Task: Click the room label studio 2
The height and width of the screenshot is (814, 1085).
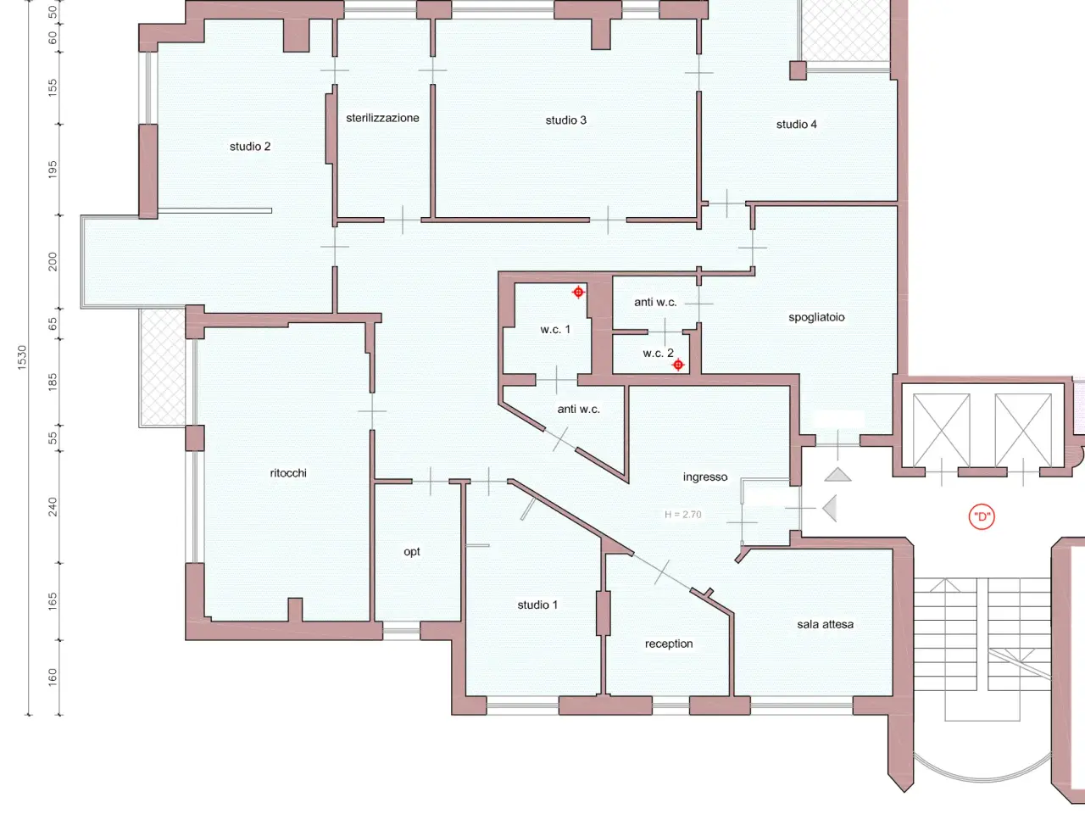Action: [x=250, y=147]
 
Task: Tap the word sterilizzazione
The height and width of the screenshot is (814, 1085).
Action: [x=382, y=118]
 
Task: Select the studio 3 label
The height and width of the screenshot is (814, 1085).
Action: [x=566, y=120]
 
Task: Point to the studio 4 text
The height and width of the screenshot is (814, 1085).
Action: [x=796, y=125]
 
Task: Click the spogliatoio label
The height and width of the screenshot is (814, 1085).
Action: [x=816, y=317]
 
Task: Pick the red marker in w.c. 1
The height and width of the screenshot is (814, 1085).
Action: [x=578, y=292]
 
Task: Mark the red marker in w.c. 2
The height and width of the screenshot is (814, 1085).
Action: [x=678, y=365]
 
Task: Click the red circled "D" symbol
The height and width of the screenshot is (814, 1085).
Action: [x=982, y=517]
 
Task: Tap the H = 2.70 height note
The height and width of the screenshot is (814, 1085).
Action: [x=682, y=515]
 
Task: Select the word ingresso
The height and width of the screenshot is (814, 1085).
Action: [x=705, y=477]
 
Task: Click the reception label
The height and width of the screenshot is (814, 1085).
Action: [x=669, y=644]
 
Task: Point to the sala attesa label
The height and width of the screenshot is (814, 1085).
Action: [x=825, y=624]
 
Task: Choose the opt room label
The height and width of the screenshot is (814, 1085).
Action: [x=412, y=551]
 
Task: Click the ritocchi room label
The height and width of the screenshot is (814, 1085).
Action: [x=288, y=473]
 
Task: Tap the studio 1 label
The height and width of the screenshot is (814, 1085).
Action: [x=537, y=605]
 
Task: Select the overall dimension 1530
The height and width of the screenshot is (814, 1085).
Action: [x=22, y=357]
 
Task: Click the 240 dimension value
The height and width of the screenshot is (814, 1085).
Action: [x=53, y=507]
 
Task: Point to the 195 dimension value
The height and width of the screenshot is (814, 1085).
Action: [x=53, y=170]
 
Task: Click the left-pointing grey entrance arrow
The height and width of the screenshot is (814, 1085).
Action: [x=830, y=508]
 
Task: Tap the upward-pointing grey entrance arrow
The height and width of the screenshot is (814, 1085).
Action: [x=837, y=476]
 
